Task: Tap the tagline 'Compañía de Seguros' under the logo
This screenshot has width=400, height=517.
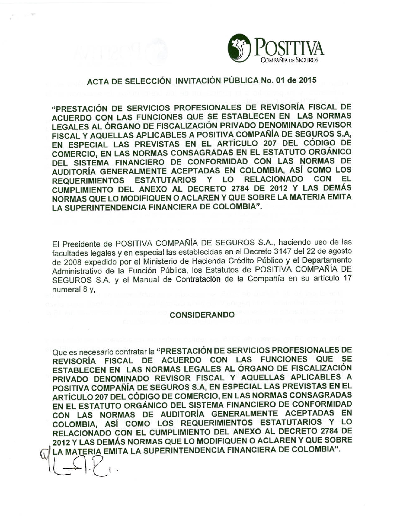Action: (289, 60)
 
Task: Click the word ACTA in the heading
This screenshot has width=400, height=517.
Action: (97, 81)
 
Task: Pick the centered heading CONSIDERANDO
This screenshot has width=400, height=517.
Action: (202, 315)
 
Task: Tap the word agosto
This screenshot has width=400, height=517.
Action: (340, 251)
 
